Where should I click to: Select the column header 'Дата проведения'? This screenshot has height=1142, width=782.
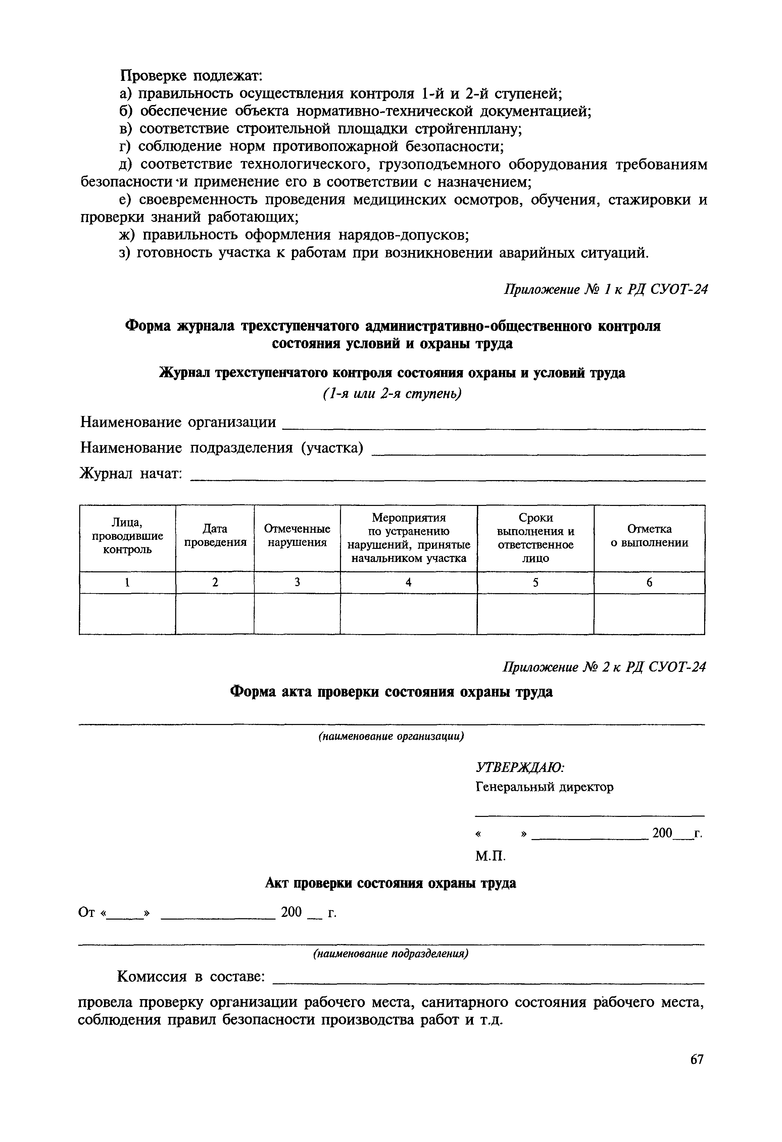(215, 536)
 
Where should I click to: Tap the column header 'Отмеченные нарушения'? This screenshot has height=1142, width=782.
(297, 536)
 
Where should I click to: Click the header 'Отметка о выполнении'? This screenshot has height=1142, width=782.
(649, 536)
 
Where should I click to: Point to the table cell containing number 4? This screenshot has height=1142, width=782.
(408, 583)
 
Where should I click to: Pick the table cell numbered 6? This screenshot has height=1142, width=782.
(649, 583)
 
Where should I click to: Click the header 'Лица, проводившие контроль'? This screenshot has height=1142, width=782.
(127, 536)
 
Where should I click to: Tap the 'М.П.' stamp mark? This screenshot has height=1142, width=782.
(490, 856)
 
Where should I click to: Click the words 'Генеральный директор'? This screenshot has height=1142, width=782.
(545, 787)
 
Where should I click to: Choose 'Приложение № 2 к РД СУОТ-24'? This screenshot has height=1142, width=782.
(604, 667)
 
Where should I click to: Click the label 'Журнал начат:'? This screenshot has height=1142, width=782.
(131, 474)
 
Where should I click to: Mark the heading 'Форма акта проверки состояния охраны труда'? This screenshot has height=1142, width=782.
(392, 692)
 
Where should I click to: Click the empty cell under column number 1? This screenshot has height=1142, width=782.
(127, 614)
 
